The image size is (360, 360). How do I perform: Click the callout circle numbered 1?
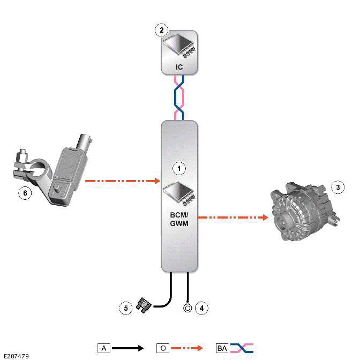point(179,168)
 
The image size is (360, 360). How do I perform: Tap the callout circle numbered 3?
point(337,187)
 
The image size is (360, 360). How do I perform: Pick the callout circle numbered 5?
point(126,308)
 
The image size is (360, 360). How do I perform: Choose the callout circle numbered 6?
point(24,192)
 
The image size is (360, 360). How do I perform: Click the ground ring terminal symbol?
point(187,308)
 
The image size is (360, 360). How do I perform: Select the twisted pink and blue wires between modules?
point(180,97)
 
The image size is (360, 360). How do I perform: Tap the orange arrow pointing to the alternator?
point(233,217)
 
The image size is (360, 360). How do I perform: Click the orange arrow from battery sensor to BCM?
point(123,181)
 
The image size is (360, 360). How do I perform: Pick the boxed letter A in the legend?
point(104,348)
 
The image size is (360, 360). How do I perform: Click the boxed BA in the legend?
point(222,348)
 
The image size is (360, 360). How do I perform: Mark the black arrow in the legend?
point(129,348)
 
